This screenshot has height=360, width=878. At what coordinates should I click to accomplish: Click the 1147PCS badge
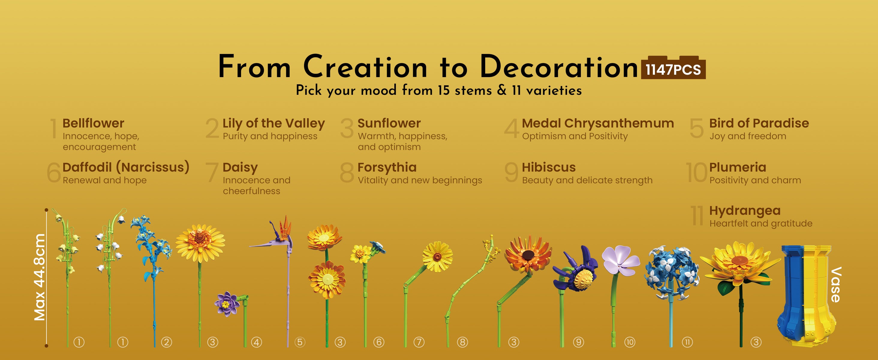[x=673, y=68]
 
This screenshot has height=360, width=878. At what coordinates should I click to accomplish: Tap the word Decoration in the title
[x=559, y=67]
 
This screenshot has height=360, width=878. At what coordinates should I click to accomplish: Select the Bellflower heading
[x=93, y=123]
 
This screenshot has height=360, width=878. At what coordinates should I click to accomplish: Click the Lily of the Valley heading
[x=274, y=123]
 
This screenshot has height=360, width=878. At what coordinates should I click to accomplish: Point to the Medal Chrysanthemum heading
[x=598, y=123]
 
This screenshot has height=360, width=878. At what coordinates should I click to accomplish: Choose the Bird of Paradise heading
[x=759, y=123]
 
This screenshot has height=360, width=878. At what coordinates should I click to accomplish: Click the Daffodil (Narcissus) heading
[x=126, y=167]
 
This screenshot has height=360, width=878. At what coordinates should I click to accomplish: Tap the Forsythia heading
[x=387, y=167]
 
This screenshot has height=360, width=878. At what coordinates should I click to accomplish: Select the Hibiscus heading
[x=549, y=167]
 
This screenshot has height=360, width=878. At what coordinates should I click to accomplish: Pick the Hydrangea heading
[x=745, y=211]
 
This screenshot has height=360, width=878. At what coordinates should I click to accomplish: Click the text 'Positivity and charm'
[x=755, y=180]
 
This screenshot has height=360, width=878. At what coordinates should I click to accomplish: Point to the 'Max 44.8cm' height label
[x=40, y=277]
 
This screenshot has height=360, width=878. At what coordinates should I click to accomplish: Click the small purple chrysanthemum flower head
[x=226, y=303]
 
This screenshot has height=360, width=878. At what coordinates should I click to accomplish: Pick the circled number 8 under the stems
[x=462, y=342]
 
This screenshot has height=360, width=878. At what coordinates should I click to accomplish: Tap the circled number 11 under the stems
[x=687, y=342]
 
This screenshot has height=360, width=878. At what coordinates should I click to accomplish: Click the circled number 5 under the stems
[x=300, y=342]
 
